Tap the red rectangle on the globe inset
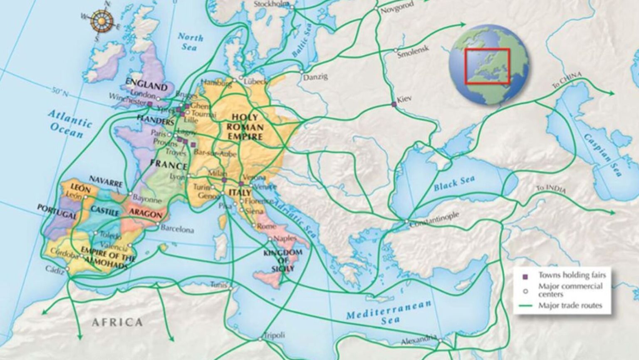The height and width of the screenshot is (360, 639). coord(487,66)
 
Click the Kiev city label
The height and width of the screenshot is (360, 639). coord(404,99)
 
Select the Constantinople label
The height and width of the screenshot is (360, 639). coord(434,219)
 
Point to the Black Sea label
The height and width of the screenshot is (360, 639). coord(454,184)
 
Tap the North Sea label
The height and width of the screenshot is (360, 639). coord(190,42)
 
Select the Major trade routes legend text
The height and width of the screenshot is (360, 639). coord(570,305)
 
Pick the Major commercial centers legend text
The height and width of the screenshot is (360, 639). coord(570,290)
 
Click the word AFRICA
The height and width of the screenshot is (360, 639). coord(117,322)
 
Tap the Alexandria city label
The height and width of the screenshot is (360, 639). coord(419,340)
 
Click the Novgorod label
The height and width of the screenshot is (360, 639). coord(397,7)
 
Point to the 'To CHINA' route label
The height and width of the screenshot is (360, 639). coord(566,79)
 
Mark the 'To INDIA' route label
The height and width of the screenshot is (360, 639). coord(551,189)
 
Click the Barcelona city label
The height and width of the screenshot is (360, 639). coord(177,229)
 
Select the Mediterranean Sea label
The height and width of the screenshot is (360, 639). coord(389,312)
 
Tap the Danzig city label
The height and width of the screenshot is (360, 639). coord(315,77)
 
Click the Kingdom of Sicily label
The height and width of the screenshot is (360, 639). coord(283,260)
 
